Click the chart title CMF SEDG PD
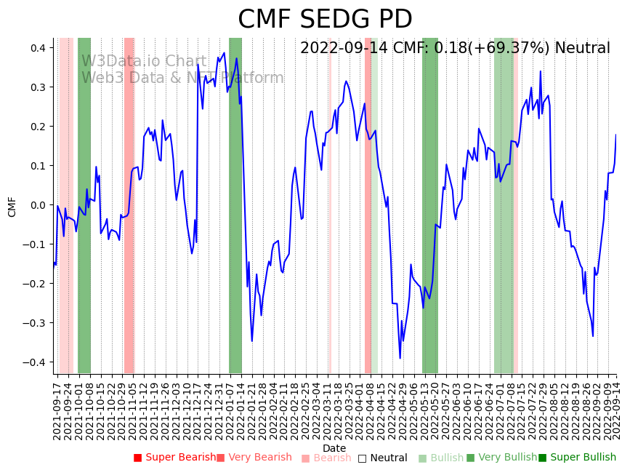[325, 20]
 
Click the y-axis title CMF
[12, 206]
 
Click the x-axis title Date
[334, 448]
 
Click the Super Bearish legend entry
[174, 458]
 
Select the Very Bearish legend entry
[254, 458]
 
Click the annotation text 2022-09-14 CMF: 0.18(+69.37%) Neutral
[455, 49]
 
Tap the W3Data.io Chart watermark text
[144, 61]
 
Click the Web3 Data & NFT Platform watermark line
[182, 78]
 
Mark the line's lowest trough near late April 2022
[400, 358]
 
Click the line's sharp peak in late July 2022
[540, 71]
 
